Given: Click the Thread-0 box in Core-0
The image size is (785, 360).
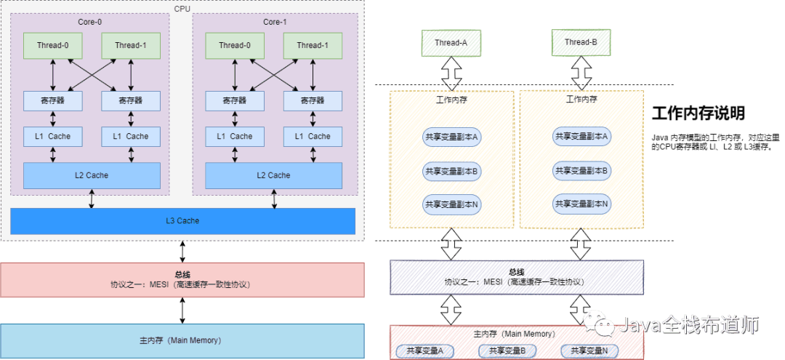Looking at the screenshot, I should (x=52, y=45).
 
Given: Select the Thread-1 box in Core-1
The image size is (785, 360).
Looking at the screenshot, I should (x=312, y=45).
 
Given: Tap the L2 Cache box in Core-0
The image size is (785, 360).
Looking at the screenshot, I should (x=92, y=175).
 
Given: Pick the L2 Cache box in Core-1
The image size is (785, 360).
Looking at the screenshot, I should (x=273, y=175).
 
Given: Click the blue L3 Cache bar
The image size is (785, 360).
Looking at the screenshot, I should (x=182, y=220).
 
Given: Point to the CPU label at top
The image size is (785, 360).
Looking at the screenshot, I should (x=182, y=9).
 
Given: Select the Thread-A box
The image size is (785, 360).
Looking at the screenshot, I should (x=451, y=43).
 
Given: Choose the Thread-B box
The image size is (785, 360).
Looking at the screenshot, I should (x=581, y=43).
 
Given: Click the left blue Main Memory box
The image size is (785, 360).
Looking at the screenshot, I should (x=182, y=340).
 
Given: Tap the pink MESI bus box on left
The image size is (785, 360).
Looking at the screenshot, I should (x=182, y=280).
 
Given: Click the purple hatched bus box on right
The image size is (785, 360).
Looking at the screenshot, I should (x=517, y=277).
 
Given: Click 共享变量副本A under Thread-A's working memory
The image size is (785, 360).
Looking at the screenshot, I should (x=452, y=136).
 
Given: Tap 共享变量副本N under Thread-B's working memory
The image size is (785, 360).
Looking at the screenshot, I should (x=581, y=204).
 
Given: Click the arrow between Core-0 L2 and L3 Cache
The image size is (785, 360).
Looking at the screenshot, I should (x=92, y=199).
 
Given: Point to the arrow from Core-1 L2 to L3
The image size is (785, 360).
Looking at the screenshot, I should (x=274, y=199).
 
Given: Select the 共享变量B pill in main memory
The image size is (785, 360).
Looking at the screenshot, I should (x=507, y=351).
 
